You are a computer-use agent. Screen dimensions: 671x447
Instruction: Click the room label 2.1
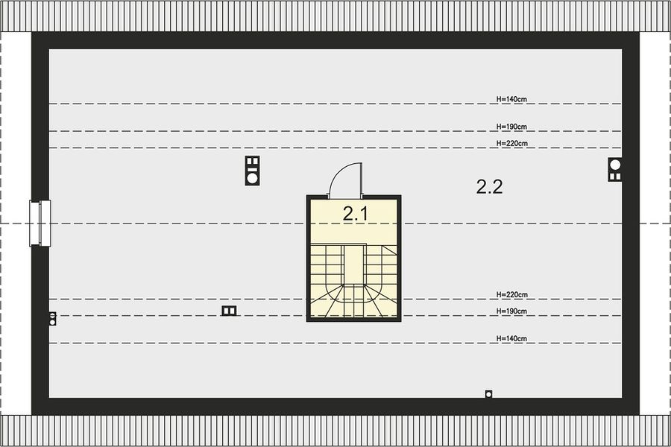coord(355,214)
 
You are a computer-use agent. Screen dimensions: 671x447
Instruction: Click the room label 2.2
coord(490,187)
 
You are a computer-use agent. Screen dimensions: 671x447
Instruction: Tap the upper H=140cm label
coord(511,99)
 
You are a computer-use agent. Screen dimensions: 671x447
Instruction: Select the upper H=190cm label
coord(511,127)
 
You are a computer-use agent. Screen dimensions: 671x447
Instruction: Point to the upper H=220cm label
coord(511,143)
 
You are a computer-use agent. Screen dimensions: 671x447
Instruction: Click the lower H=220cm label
coord(511,294)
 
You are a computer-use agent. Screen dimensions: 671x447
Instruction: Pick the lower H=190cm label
coord(511,311)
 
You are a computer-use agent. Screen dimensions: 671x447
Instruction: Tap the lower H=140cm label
coord(511,338)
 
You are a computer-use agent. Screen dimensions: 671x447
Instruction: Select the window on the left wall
coord(40,223)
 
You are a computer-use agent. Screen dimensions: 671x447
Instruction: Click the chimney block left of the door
coord(253,171)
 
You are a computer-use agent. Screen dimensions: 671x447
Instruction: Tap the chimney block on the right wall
coord(615,169)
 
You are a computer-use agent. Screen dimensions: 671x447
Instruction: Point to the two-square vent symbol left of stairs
coord(229,311)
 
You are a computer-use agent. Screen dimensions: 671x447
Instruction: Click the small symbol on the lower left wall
coord(52,319)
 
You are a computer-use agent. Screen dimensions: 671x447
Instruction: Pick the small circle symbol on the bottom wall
coord(488,394)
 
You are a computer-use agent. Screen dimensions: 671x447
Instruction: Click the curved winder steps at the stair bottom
coord(354,302)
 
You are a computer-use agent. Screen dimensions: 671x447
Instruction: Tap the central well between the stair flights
coord(354,264)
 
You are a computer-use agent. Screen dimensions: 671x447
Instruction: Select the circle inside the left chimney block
coord(253,177)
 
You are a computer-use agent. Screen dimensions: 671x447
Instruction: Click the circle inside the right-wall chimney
coord(615,164)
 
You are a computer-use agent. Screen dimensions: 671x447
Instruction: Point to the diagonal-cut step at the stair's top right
coord(389,250)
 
